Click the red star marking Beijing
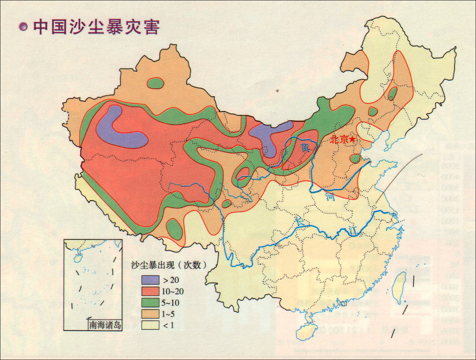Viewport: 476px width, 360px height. pyautogui.click(x=352, y=139)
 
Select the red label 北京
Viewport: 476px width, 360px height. pyautogui.click(x=339, y=140)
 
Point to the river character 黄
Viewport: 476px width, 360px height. pyautogui.click(x=305, y=147)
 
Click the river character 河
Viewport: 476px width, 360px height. pyautogui.click(x=330, y=197)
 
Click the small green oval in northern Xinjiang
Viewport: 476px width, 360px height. pyautogui.click(x=155, y=83)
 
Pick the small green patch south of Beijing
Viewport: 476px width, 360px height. pyautogui.click(x=355, y=159)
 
